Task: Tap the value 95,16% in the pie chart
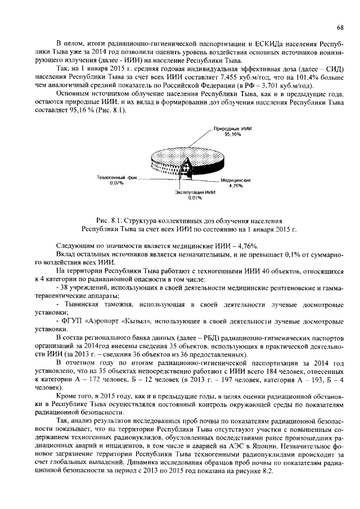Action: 232,135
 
